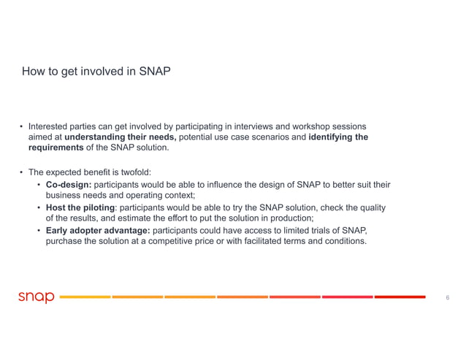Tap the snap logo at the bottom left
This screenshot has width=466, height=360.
(36, 297)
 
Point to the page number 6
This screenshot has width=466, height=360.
(446, 297)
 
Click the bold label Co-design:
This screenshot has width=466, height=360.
(69, 185)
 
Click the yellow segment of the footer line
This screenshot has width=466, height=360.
(85, 297)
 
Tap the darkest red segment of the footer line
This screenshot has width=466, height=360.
(400, 297)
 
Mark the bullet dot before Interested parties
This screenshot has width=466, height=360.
(21, 126)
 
